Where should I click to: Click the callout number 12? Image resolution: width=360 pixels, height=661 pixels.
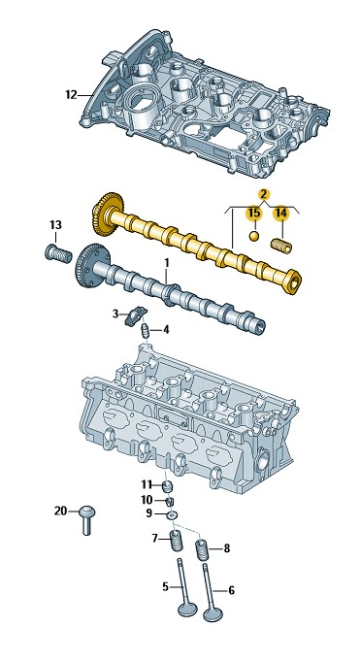[x=71, y=95]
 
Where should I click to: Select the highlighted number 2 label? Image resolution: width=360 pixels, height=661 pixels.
[x=264, y=194]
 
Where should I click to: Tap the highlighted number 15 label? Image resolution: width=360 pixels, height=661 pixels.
[x=254, y=213]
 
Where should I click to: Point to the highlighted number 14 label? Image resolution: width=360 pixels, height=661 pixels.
[x=281, y=214]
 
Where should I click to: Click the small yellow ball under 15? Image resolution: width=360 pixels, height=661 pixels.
[x=254, y=236]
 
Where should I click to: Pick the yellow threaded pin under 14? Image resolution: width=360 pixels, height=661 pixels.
[x=280, y=246]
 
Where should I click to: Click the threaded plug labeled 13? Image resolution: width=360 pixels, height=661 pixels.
[x=58, y=253]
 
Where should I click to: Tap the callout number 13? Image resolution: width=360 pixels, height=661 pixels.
[x=55, y=224]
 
